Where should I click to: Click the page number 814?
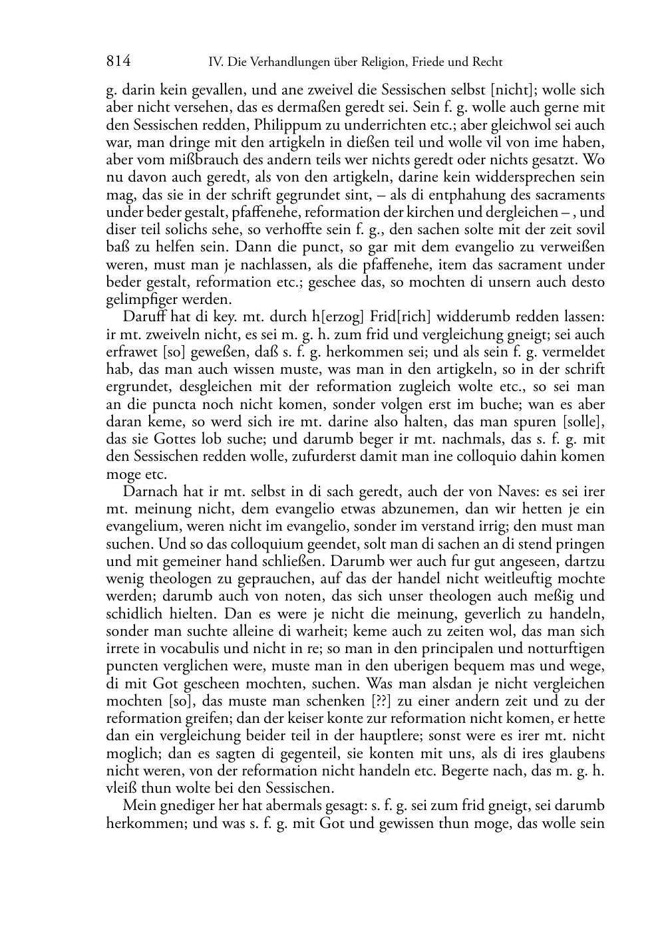click(118, 62)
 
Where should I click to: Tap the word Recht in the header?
click(488, 63)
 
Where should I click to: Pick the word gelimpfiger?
click(140, 300)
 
